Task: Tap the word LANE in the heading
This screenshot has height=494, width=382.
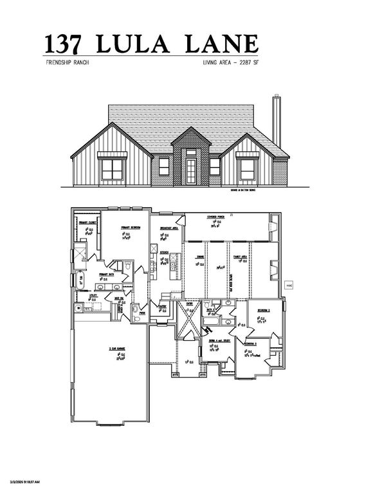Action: (223, 43)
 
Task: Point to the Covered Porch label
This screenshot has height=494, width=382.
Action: (215, 217)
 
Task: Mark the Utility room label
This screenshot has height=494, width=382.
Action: (93, 296)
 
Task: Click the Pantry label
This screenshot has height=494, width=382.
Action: (163, 306)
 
